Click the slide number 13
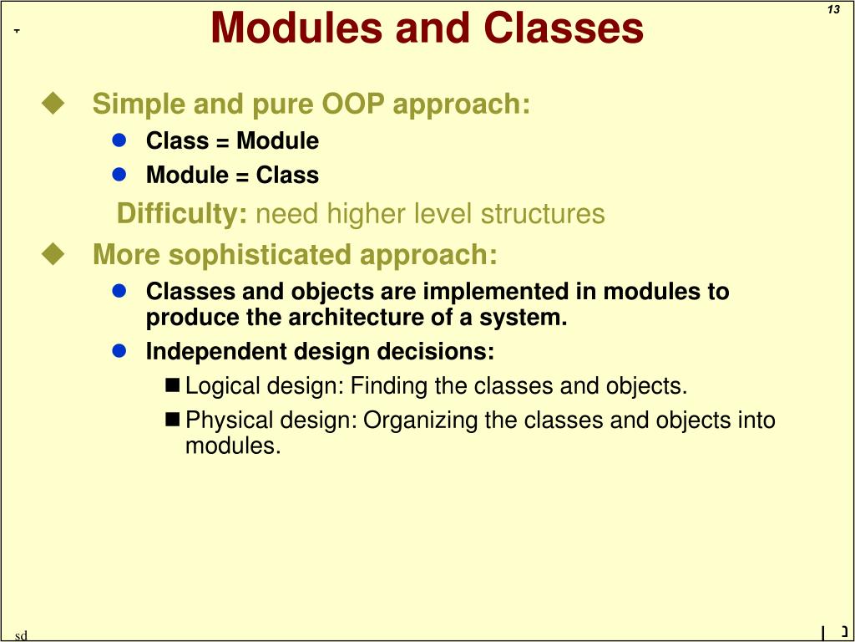pos(833,10)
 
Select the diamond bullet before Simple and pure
pos(54,104)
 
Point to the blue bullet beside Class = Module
pos(119,140)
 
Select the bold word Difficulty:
pos(182,214)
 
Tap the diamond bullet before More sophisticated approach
pos(54,253)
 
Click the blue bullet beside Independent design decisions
pos(119,351)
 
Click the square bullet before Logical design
pos(173,385)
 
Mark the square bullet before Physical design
pos(173,419)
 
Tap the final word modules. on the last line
pos(233,446)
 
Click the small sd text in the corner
pos(21,635)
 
